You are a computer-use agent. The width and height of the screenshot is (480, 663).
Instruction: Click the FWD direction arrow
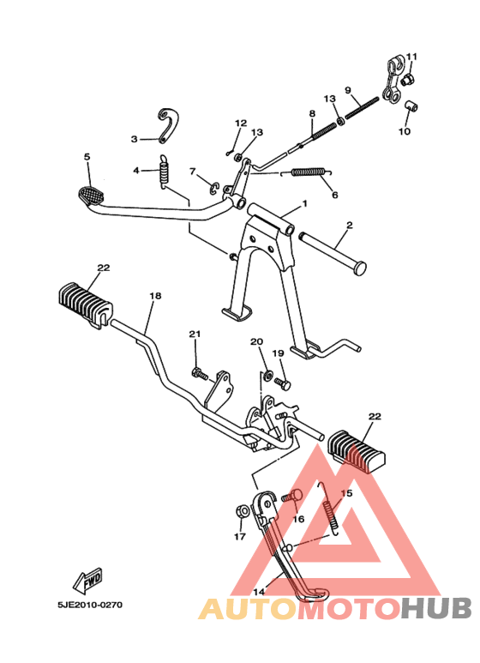point(88,581)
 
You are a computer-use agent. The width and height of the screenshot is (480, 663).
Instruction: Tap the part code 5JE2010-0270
point(90,605)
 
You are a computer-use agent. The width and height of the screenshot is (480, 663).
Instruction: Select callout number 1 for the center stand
point(304,204)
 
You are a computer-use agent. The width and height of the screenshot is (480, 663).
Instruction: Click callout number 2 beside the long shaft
point(349,225)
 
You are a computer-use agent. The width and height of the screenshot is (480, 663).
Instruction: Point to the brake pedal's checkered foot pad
point(91,196)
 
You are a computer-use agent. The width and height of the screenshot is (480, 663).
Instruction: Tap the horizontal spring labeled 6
point(309,172)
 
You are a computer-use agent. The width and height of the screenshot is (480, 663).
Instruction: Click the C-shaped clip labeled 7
point(214,188)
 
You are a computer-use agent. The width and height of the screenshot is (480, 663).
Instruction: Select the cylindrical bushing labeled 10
point(411,105)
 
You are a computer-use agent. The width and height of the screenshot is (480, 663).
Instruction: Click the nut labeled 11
point(407,79)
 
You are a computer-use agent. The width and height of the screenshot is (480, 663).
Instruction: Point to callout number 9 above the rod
point(348,90)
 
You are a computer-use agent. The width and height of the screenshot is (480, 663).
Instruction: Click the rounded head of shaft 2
point(360,269)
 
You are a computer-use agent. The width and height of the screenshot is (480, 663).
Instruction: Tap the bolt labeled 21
point(201,374)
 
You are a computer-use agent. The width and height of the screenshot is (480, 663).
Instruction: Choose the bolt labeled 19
point(283,383)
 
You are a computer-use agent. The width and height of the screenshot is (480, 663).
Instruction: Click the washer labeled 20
point(267,374)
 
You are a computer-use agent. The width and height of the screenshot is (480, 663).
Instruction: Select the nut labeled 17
point(241,512)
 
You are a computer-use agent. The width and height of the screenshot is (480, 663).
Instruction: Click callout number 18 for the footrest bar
point(155,296)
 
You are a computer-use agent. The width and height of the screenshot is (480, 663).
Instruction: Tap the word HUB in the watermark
point(436,608)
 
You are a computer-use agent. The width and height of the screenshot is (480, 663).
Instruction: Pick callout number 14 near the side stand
point(259,591)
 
